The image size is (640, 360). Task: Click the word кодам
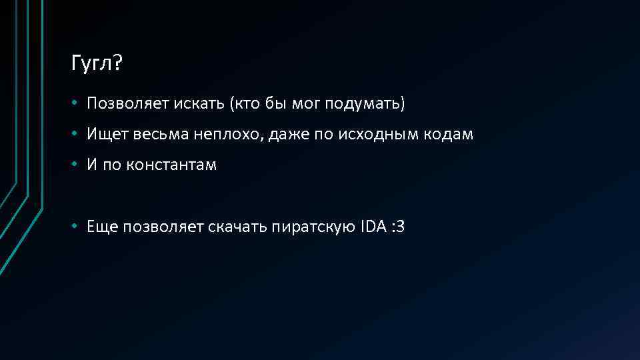(x=449, y=135)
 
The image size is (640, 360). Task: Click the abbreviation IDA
(x=373, y=227)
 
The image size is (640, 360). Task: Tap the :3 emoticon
(x=398, y=227)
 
